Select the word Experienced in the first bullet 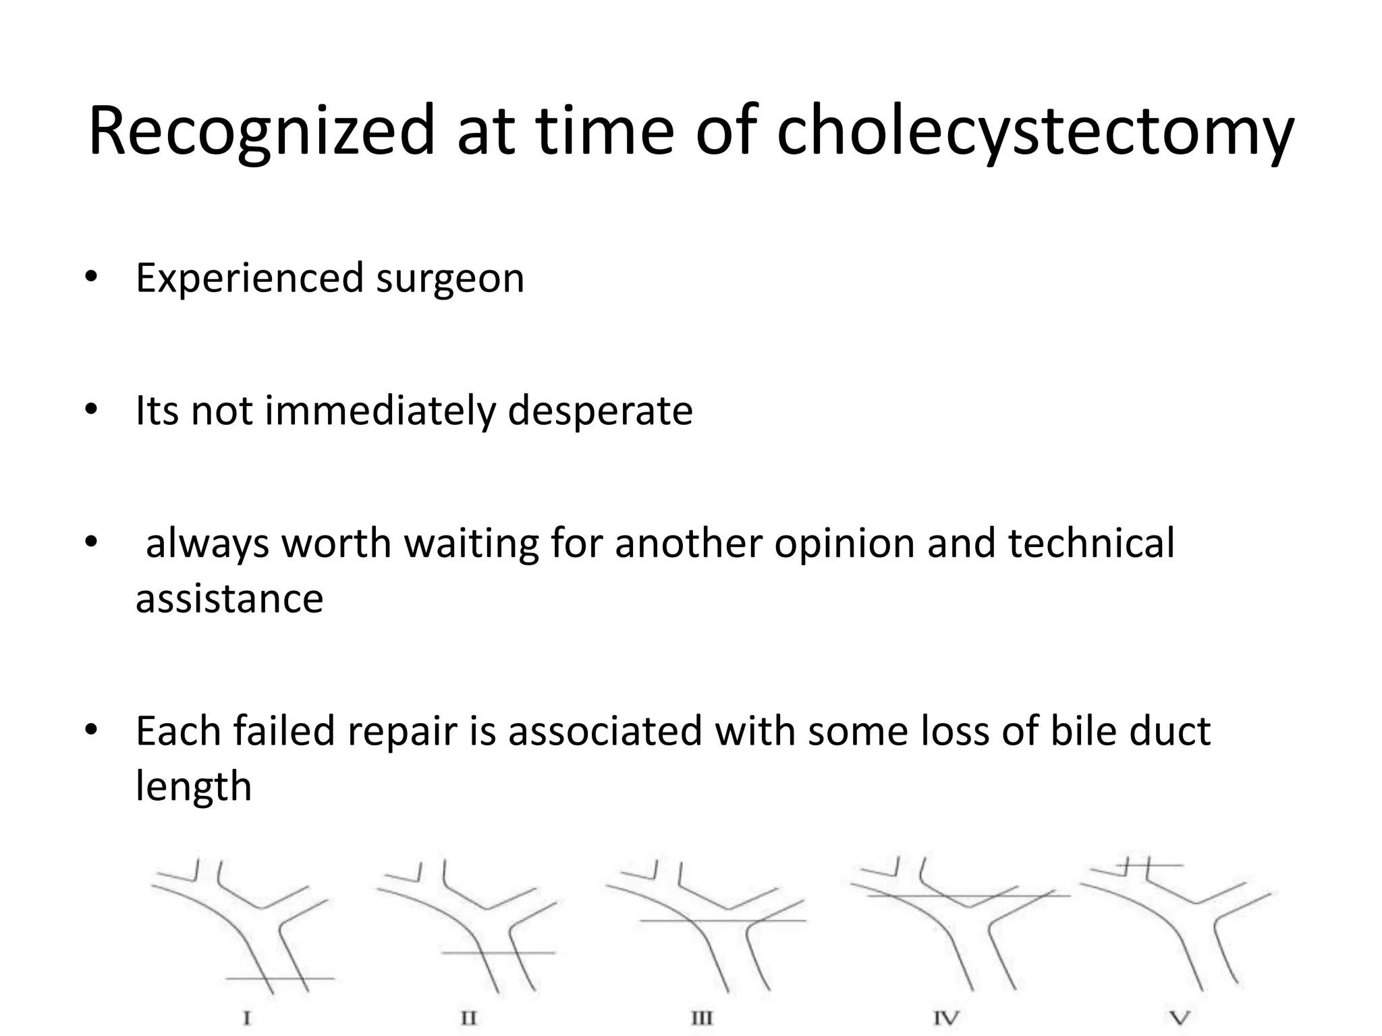coord(249,278)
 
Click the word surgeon coord(449,278)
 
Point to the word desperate coord(600,410)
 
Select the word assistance coord(229,598)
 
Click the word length coord(194,786)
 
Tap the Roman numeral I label coord(247,1018)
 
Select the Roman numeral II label coord(468,1018)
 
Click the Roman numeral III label coord(702,1018)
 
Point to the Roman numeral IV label coord(946,1018)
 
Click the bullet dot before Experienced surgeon coord(91,277)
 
